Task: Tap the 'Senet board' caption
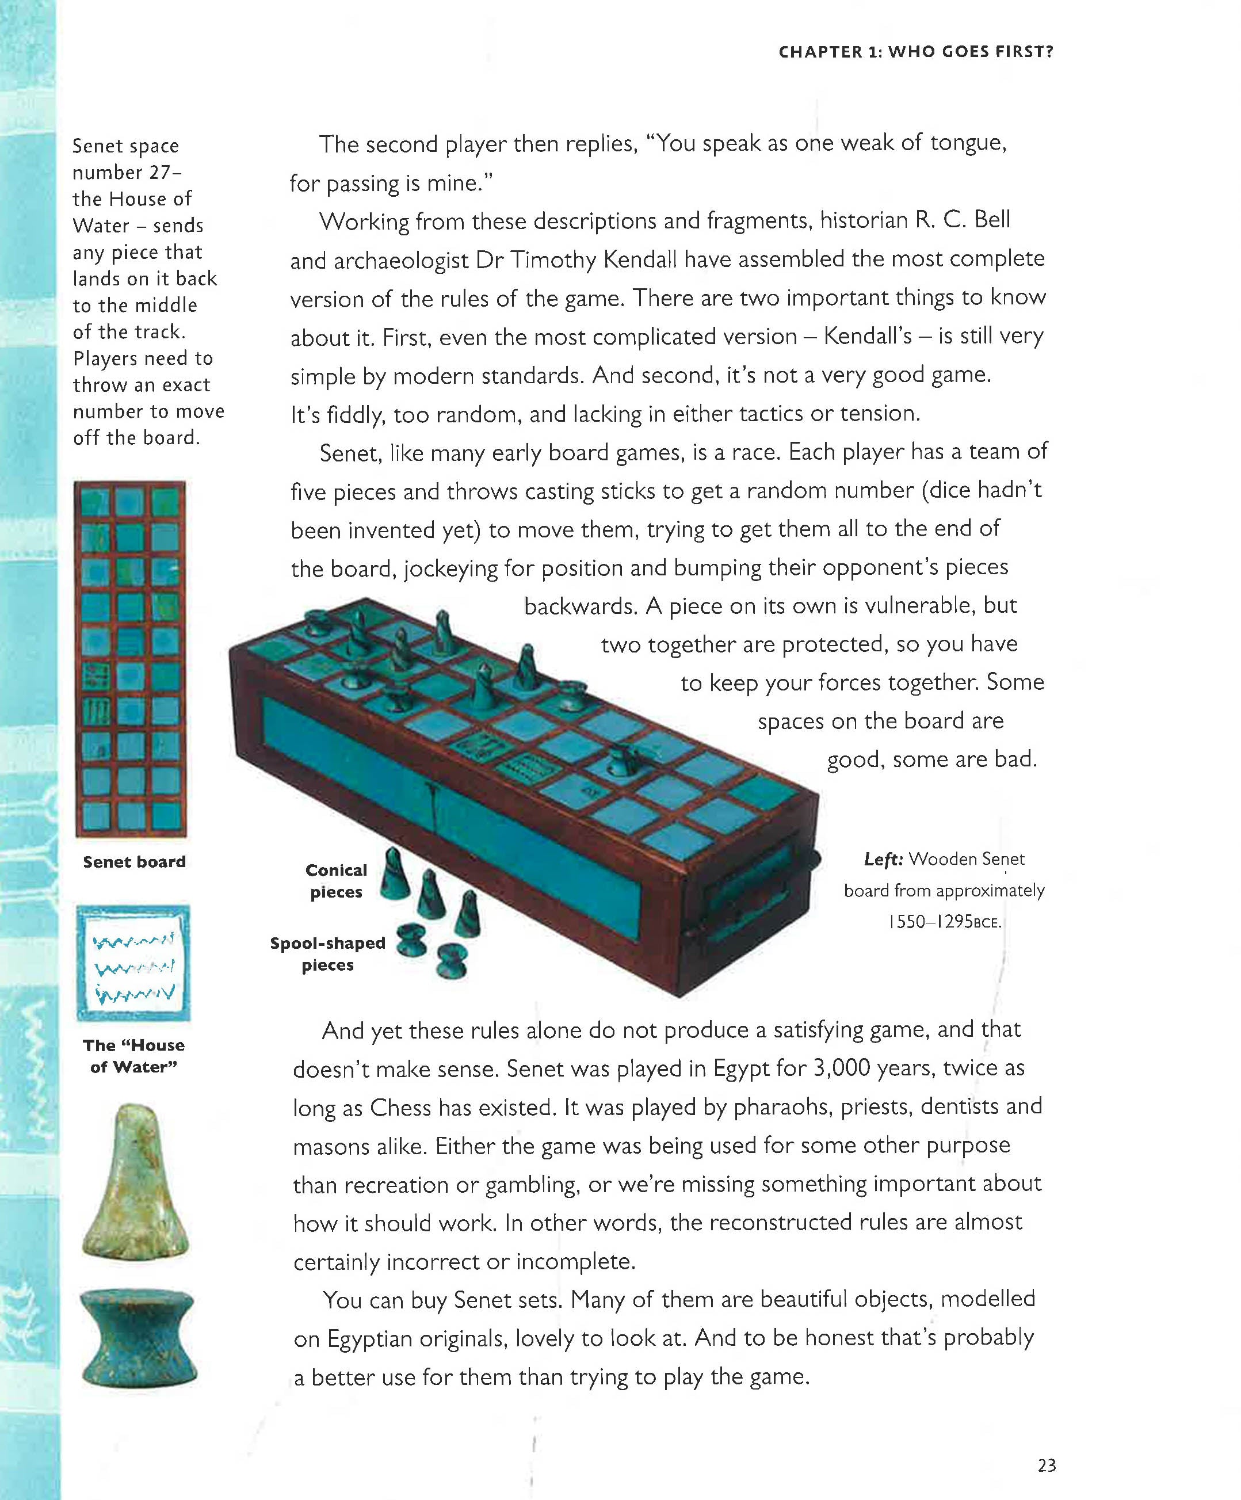click(x=134, y=861)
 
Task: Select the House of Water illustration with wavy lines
click(x=133, y=962)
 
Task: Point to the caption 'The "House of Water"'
click(x=133, y=1056)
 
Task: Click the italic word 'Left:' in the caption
click(x=883, y=859)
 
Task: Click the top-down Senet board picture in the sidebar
click(x=131, y=659)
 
